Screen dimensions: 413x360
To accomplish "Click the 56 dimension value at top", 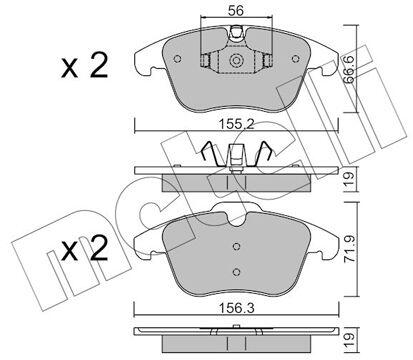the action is point(236,11).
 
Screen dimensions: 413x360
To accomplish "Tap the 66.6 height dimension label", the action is point(349,69).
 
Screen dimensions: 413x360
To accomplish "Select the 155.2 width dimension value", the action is point(236,124).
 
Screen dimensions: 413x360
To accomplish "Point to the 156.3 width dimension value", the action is point(236,308).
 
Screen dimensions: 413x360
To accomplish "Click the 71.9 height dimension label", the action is point(349,249).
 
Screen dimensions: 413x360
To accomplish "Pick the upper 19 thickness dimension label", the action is point(349,180).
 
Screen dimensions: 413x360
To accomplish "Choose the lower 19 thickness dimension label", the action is point(349,340).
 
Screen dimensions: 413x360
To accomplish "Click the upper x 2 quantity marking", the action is point(85,66).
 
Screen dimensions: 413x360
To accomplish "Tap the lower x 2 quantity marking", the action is point(85,249).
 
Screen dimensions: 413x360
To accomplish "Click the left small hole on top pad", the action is point(178,59).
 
